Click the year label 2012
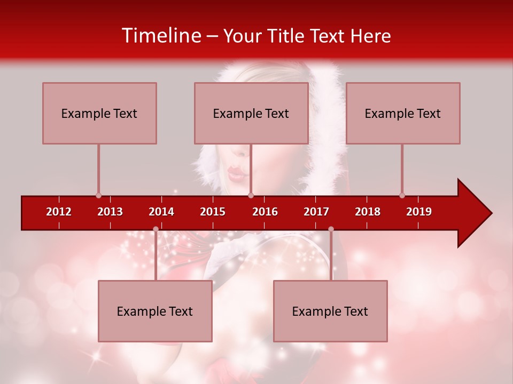tap(59, 212)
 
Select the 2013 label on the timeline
tap(110, 212)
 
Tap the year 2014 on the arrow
tap(161, 212)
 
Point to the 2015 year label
tap(213, 212)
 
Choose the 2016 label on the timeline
tap(265, 212)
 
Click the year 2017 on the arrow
tap(316, 212)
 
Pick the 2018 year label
tap(368, 212)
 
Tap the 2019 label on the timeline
tap(419, 212)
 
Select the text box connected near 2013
tap(99, 113)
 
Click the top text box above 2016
tap(251, 113)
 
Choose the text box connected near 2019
tap(403, 113)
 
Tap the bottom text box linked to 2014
tap(155, 311)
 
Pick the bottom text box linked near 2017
tap(330, 311)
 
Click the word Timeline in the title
tap(160, 36)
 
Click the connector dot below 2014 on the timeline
tap(156, 229)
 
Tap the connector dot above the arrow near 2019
tap(402, 195)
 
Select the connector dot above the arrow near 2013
tap(98, 195)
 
